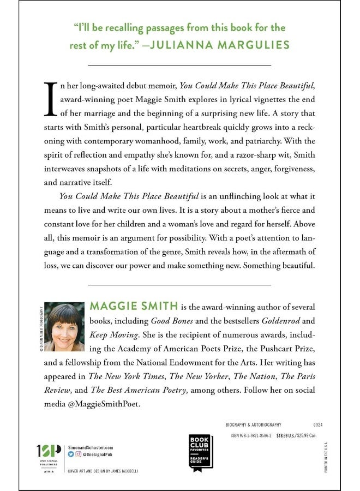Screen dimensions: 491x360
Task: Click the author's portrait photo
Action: coord(64,327)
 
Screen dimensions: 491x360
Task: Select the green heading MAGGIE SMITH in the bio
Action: coord(127,307)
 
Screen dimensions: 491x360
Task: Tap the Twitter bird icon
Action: coord(70,453)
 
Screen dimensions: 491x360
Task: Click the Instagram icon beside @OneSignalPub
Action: coord(77,453)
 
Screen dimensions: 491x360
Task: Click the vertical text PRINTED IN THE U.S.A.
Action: coord(326,456)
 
